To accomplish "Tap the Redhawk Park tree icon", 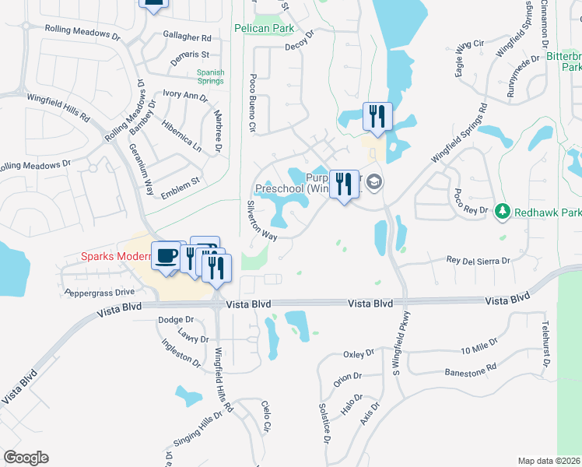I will click(503, 212).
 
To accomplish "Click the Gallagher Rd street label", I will click(188, 37).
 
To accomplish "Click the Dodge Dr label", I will click(175, 320).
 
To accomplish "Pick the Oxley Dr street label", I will click(359, 354).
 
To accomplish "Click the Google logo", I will click(26, 458).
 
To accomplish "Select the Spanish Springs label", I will click(211, 76).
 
